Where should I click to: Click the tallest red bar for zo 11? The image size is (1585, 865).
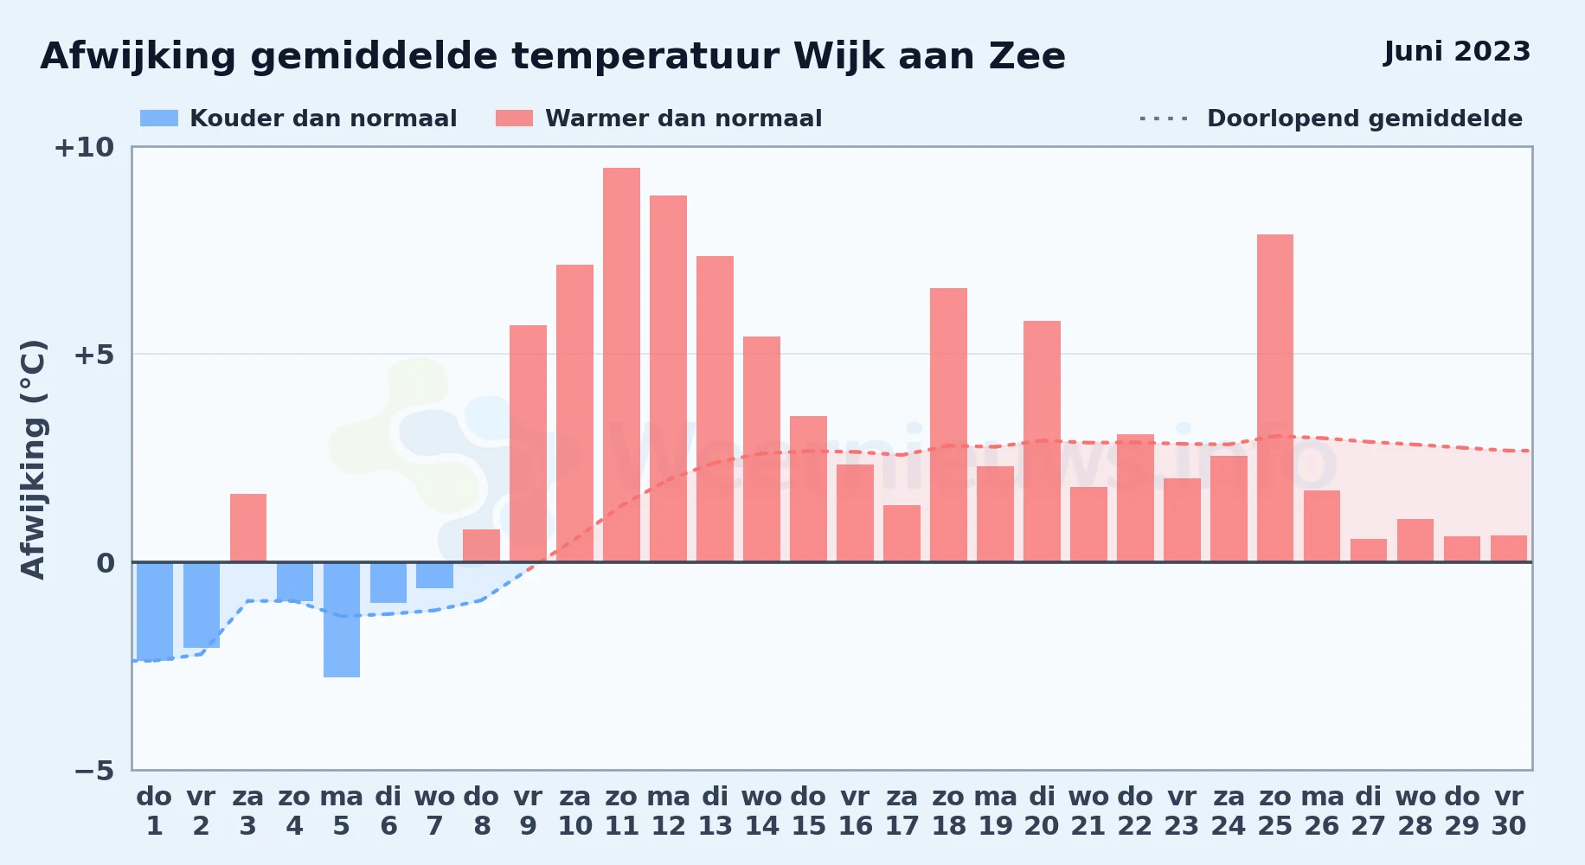point(621,365)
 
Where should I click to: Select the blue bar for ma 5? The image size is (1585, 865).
point(342,619)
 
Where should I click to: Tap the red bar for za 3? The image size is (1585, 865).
point(248,528)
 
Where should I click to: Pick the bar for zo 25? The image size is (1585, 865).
point(1275,398)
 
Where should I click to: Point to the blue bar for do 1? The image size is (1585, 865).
point(155,612)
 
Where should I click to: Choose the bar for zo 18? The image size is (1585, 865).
point(948,425)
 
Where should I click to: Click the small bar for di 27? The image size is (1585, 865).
point(1369,550)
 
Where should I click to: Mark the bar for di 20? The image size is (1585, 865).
point(1042,441)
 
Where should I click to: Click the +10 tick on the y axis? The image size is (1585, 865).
point(84,147)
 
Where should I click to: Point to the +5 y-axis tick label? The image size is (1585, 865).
point(93,355)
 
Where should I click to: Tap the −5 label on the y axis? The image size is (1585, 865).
point(93,770)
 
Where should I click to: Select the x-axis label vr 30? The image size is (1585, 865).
point(1509,811)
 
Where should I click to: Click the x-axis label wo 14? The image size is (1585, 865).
point(761,811)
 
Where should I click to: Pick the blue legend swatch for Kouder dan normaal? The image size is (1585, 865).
point(159,119)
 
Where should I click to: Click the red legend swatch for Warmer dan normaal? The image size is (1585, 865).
point(514,119)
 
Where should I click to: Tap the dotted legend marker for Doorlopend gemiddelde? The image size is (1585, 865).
point(1164,119)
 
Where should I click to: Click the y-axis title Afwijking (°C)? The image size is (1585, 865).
point(33,459)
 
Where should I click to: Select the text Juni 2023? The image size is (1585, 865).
point(1457,52)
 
